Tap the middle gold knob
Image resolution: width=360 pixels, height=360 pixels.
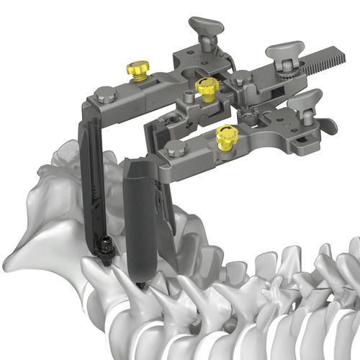point(207,89)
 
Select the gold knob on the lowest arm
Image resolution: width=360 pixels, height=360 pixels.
point(225,136)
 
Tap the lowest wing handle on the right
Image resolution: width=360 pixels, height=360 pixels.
point(308,101)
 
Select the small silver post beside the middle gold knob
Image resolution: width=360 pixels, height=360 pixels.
point(189,96)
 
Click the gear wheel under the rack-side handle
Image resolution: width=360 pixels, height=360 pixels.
point(286,70)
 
